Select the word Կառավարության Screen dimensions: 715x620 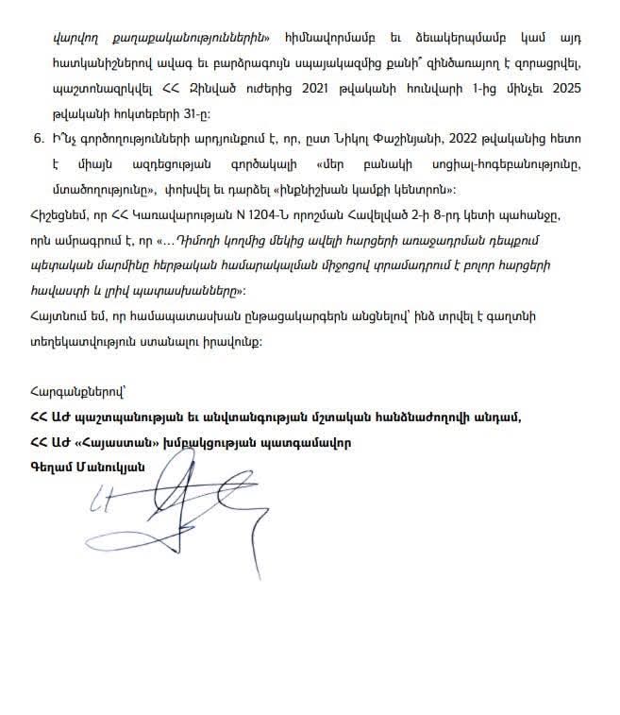[154, 215]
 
